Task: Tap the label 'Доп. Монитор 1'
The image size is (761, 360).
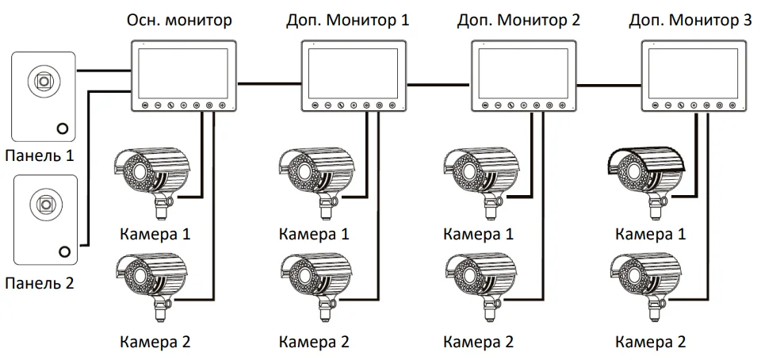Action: click(x=348, y=21)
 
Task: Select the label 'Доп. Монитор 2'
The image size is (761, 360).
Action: click(x=518, y=21)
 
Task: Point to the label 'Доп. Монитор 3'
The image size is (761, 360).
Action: click(x=690, y=21)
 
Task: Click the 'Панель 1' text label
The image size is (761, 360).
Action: click(x=39, y=155)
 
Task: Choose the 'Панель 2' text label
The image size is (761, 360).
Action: click(x=39, y=281)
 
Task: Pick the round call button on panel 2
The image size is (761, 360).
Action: click(x=63, y=252)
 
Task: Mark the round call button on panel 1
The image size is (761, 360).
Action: click(x=62, y=128)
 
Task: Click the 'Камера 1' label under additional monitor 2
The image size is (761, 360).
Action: click(x=478, y=234)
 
